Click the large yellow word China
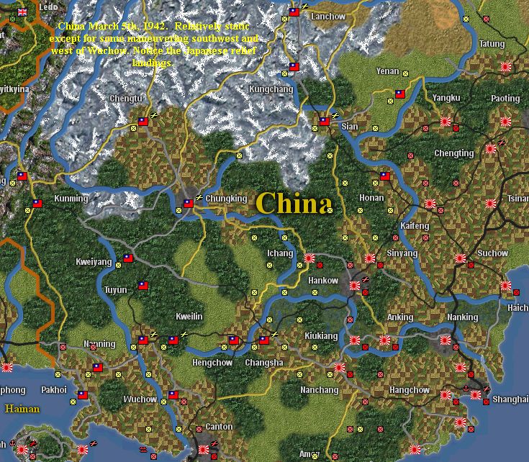point(294,204)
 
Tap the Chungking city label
point(226,199)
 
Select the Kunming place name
point(71,199)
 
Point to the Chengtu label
point(126,98)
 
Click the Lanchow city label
point(327,17)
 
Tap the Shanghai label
point(511,399)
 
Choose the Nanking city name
point(462,317)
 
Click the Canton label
point(219,427)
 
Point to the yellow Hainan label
point(22,409)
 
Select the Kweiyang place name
point(94,263)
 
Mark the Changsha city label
point(264,363)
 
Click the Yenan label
point(387,72)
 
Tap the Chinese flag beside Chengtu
point(143,122)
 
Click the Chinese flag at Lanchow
point(294,12)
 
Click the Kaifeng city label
point(414,226)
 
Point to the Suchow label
point(493,253)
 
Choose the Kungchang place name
point(271,89)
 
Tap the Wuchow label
point(140,399)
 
